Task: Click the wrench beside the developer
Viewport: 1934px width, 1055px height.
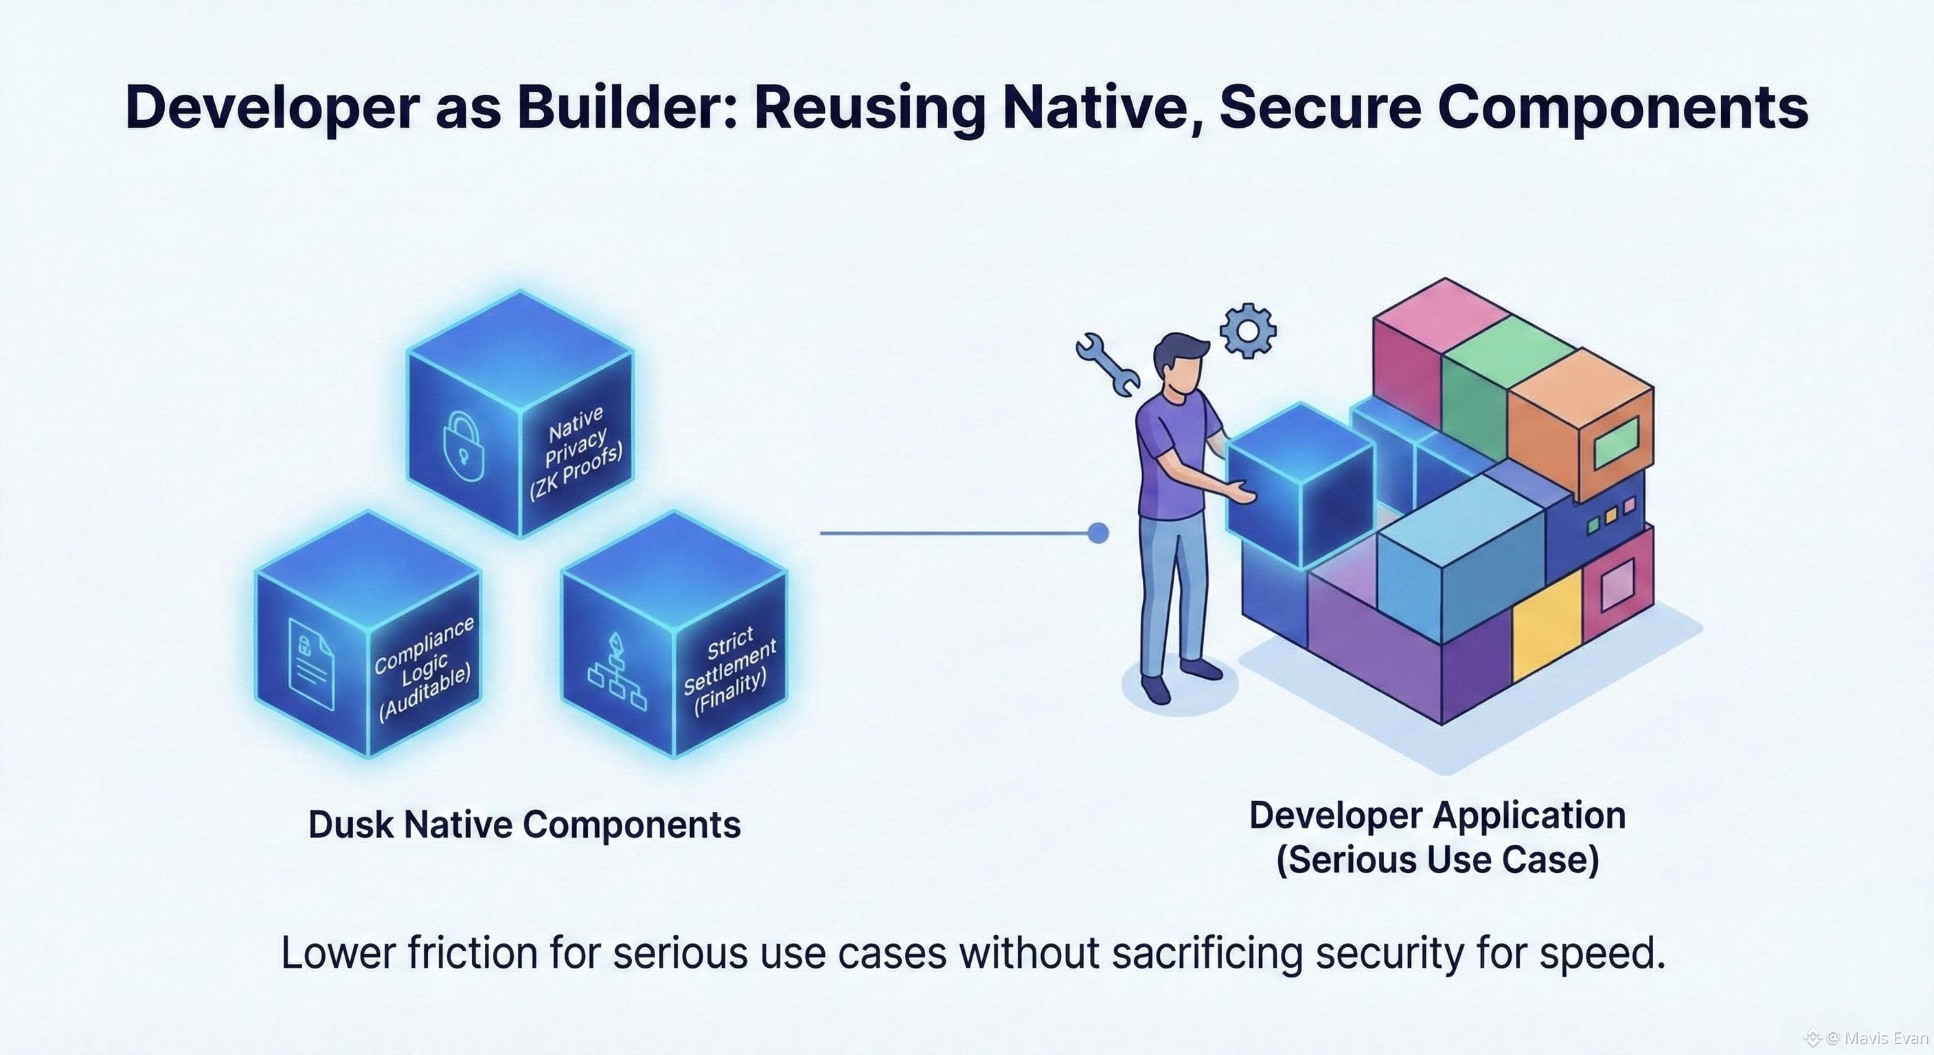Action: click(x=1106, y=363)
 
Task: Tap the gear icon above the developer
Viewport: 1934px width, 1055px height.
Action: click(x=1248, y=330)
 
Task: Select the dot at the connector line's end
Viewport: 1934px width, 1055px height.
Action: click(x=1097, y=533)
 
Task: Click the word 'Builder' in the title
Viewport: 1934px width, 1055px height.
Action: click(x=626, y=106)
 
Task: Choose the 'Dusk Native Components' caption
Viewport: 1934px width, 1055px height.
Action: click(x=524, y=824)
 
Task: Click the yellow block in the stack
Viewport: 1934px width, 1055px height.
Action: click(x=1547, y=625)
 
